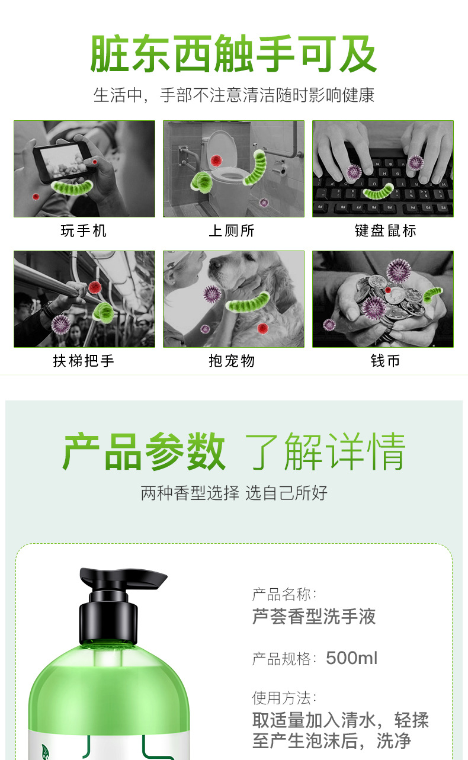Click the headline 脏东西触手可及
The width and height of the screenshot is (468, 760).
tap(233, 54)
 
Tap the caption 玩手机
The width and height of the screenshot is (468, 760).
tap(84, 230)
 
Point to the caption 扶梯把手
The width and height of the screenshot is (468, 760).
tap(84, 361)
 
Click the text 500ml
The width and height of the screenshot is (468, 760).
tap(351, 658)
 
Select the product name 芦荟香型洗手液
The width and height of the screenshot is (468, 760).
tap(314, 617)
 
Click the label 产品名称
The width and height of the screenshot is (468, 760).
tap(284, 594)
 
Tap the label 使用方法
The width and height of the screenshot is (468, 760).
tap(284, 697)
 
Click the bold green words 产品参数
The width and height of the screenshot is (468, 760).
tap(144, 452)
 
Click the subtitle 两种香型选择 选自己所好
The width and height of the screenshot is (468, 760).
tap(234, 493)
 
